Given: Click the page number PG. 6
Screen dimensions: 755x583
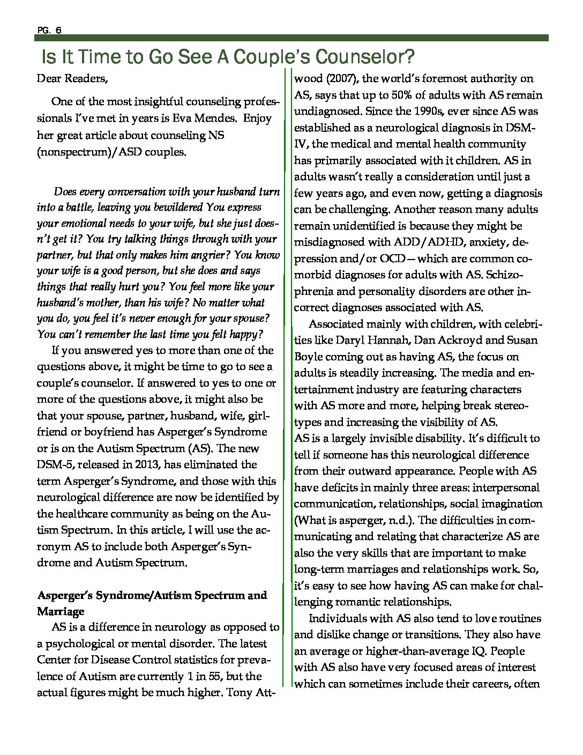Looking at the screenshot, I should (49, 31).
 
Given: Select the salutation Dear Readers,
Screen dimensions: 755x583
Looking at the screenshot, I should (72, 79).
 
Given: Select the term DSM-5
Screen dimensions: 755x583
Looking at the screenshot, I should (56, 464).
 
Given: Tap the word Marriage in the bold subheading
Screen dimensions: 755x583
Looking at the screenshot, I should (61, 611).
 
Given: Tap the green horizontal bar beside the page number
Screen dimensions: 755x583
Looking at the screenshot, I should (305, 38).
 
